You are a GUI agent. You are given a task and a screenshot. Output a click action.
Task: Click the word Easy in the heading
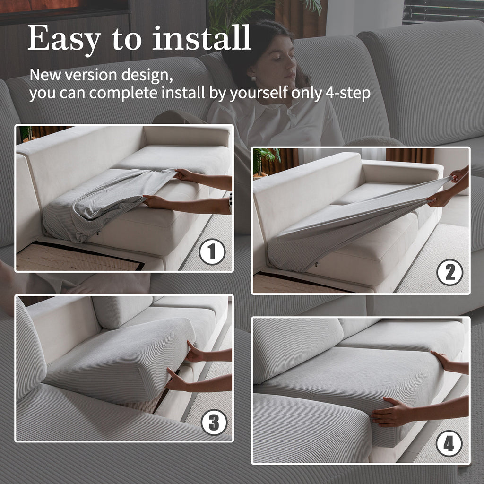(64, 39)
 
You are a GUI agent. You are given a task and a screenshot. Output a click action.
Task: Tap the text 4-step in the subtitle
(348, 93)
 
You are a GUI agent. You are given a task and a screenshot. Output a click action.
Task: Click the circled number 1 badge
(212, 251)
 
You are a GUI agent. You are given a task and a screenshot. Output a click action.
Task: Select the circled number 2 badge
(450, 272)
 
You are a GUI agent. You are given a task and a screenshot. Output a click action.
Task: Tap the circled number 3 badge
(214, 422)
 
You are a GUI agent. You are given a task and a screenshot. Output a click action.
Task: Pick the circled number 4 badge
(449, 443)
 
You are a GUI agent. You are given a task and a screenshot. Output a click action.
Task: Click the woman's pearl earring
(253, 79)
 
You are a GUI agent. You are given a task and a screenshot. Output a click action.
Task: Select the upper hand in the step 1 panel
(184, 175)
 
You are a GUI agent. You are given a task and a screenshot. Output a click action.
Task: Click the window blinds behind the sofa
(443, 11)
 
